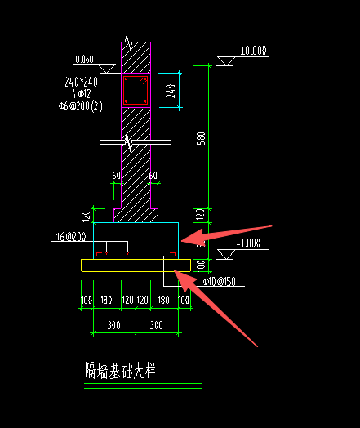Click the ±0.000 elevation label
point(254,51)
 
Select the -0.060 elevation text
point(82,60)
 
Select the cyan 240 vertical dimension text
point(170,91)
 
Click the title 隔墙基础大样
point(120,371)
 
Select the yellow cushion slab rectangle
point(136,265)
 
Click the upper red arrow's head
point(185,239)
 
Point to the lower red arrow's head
point(181,277)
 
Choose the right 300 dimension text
point(157,325)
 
